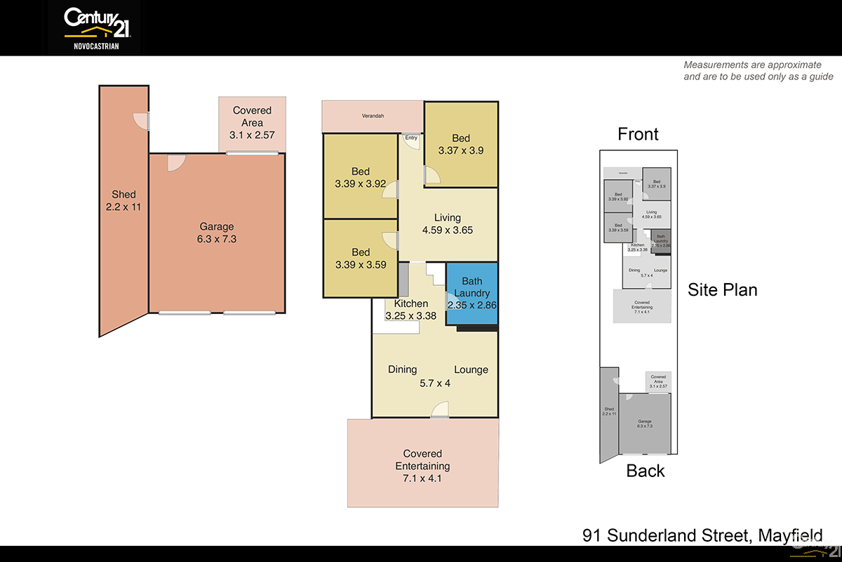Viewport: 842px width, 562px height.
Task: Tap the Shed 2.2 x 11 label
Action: pos(123,201)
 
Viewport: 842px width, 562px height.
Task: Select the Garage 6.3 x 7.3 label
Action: pos(216,233)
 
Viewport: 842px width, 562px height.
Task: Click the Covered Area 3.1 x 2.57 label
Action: pos(252,122)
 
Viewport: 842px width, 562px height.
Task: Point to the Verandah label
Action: pos(373,116)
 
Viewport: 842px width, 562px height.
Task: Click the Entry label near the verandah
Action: pos(411,138)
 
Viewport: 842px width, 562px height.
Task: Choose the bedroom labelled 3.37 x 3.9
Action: pos(461,144)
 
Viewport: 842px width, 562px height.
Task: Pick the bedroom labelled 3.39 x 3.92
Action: pos(361,178)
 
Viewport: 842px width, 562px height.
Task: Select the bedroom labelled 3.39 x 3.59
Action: pos(361,259)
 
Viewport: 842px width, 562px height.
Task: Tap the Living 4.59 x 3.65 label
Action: pos(448,223)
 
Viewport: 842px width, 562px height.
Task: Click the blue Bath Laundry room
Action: pos(472,293)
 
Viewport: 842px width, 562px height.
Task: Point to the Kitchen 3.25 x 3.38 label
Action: pos(410,310)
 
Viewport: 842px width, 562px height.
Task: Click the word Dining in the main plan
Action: pos(402,370)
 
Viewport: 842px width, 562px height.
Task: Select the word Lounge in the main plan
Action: pos(471,370)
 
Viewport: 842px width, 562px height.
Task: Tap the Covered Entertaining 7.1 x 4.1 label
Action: pos(422,466)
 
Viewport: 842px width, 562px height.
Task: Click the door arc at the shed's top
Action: pos(142,121)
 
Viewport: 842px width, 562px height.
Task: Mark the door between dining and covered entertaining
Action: pos(439,410)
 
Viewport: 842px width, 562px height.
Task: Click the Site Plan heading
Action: pos(722,289)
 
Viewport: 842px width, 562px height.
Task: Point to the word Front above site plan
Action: pos(638,134)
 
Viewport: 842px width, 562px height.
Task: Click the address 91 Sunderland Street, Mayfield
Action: pos(702,535)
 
